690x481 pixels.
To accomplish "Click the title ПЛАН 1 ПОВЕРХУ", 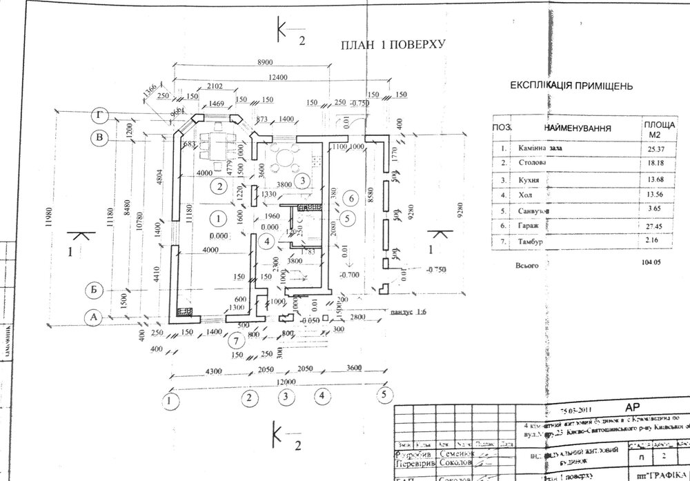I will pos(391,46).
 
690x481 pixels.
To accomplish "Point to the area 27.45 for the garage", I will pos(651,226).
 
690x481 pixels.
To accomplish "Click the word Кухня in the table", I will pos(529,181).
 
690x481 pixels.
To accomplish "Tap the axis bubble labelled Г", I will pos(102,115).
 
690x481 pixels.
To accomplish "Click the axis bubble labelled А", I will pos(93,317).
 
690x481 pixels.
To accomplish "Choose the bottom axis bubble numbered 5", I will pos(382,396).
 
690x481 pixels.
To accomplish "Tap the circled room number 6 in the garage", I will pos(351,199).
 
